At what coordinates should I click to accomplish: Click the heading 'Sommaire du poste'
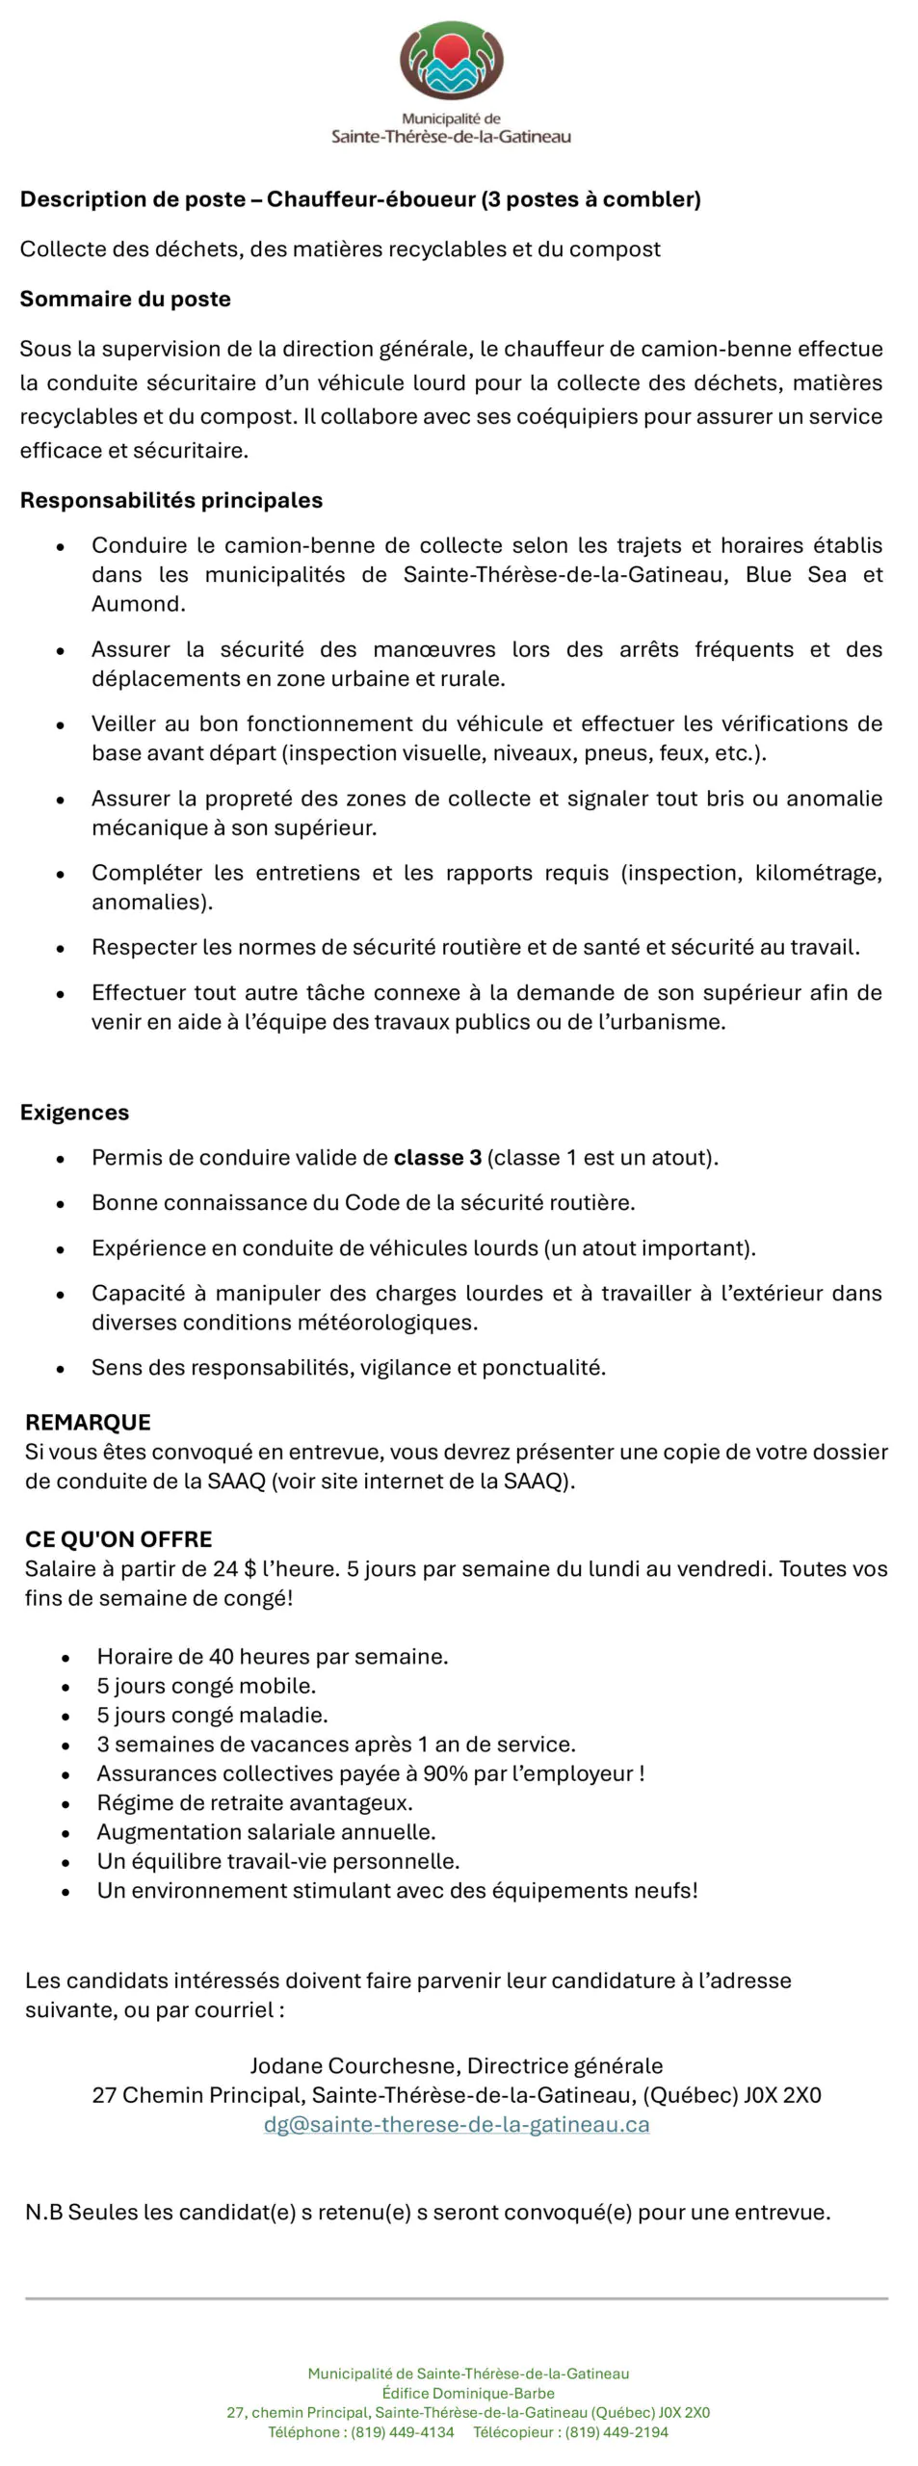125,299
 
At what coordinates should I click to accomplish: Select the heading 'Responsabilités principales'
171,500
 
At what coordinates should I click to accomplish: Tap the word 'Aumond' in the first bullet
137,604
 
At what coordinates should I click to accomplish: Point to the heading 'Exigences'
74,1112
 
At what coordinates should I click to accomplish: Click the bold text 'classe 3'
437,1157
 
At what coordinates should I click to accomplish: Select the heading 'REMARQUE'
88,1422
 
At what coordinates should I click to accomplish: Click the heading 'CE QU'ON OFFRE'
118,1538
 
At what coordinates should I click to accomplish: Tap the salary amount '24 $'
235,1568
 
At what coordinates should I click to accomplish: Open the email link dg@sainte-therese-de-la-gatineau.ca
457,2124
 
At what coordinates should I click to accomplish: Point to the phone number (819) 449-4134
402,2431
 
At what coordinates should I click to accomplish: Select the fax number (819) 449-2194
616,2431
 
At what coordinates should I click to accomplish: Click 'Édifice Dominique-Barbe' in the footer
468,2393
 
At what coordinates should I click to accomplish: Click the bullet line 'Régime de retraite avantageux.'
254,1802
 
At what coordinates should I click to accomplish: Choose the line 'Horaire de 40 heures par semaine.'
273,1656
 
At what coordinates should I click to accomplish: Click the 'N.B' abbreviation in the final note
43,2212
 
